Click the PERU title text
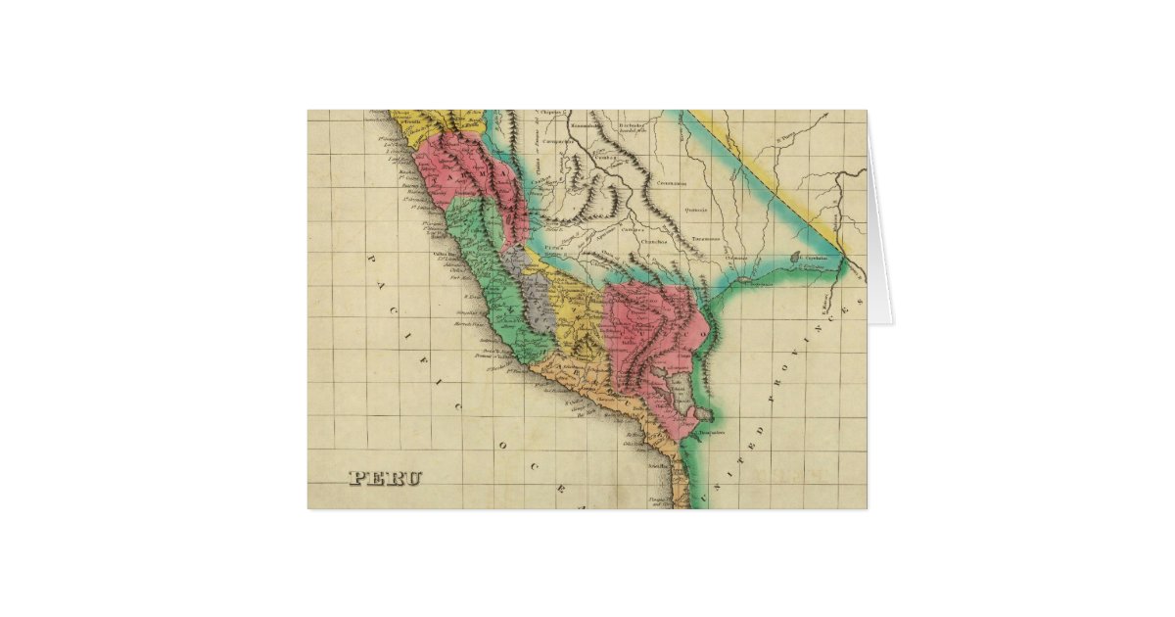coord(386,479)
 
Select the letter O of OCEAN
coord(501,445)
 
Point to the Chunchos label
coord(654,242)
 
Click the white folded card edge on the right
coord(879,245)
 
